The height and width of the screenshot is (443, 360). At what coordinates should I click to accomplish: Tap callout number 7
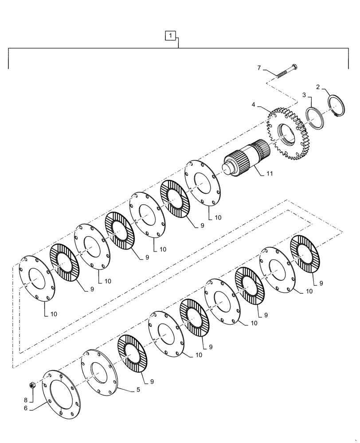point(260,68)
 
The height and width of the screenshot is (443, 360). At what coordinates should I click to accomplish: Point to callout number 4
point(254,105)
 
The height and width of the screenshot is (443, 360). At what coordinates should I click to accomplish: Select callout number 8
point(26,389)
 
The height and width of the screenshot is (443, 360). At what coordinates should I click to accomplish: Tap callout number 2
point(317,87)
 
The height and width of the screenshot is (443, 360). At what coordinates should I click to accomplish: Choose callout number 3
point(304,95)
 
